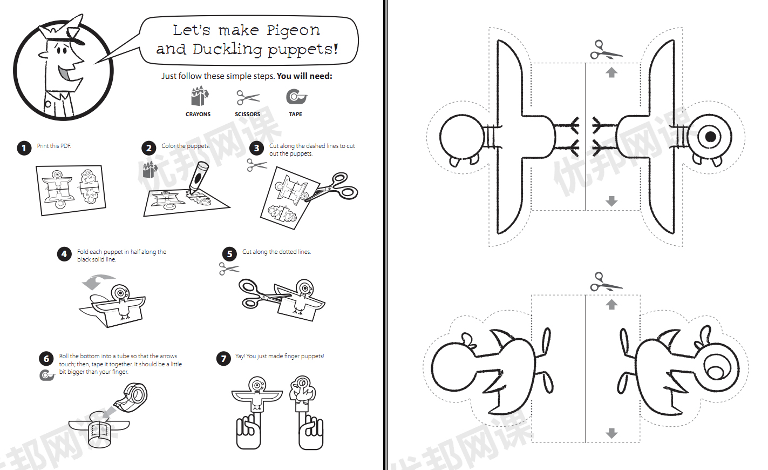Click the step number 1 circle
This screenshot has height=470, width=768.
[x=24, y=148]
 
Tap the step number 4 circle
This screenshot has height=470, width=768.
[x=64, y=254]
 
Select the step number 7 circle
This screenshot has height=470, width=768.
[x=223, y=359]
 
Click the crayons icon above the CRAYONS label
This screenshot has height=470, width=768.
[x=199, y=97]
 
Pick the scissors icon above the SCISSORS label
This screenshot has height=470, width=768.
[x=248, y=98]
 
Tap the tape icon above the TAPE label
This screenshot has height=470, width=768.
[x=296, y=97]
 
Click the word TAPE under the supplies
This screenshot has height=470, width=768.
[x=295, y=115]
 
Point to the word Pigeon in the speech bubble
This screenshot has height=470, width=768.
[x=293, y=30]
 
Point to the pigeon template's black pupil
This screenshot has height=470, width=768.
[x=711, y=137]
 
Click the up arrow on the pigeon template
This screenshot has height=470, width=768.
[x=611, y=72]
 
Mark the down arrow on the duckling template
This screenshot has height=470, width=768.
[x=611, y=433]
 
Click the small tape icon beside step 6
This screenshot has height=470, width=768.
[x=47, y=375]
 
